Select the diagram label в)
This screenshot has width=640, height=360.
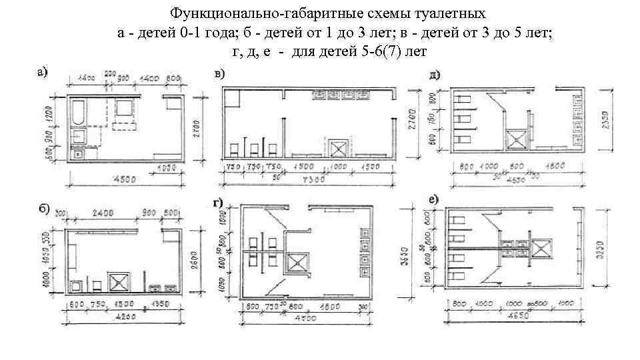pyautogui.click(x=220, y=74)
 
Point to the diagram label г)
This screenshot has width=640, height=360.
pyautogui.click(x=217, y=203)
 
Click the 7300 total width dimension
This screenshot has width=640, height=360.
pyautogui.click(x=313, y=179)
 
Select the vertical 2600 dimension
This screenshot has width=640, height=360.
pyautogui.click(x=195, y=253)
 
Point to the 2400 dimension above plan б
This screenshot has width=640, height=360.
pyautogui.click(x=103, y=214)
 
